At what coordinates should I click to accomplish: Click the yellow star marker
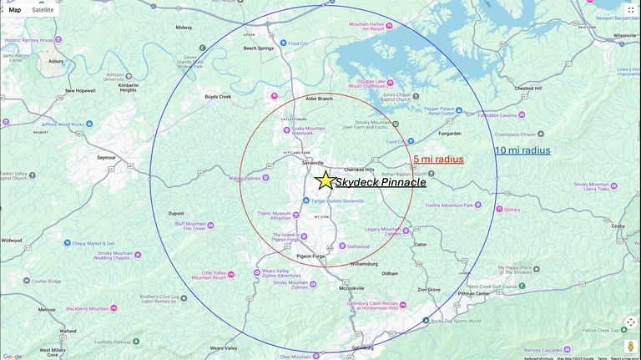tap(325, 180)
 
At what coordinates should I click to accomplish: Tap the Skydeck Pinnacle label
tap(381, 182)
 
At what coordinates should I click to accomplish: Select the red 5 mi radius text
tap(438, 160)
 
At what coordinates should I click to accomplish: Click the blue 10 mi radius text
tap(522, 150)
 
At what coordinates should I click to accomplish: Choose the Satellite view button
tap(43, 10)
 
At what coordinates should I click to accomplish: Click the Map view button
tap(15, 10)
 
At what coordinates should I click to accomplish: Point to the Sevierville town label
tap(313, 163)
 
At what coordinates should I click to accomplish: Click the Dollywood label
tap(358, 246)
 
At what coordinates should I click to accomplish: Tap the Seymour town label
tap(106, 157)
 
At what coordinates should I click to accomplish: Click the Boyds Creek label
tap(218, 97)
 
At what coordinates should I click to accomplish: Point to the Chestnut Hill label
tap(532, 88)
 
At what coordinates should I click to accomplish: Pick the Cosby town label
tap(618, 226)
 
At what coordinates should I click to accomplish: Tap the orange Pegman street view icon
tap(630, 346)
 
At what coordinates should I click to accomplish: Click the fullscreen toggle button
tap(630, 10)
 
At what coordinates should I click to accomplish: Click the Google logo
tap(13, 356)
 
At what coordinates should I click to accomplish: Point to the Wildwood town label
tap(12, 241)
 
